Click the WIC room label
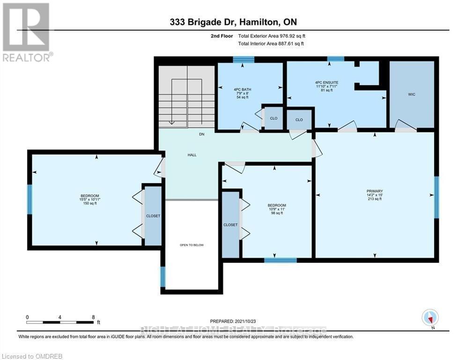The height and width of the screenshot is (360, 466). (x=411, y=94)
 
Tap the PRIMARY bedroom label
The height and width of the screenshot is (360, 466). (x=375, y=191)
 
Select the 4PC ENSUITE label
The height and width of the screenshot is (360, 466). (x=326, y=82)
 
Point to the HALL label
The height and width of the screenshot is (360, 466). (x=192, y=155)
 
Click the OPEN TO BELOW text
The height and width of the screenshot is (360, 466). (x=192, y=245)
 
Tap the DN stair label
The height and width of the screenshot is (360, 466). (x=202, y=134)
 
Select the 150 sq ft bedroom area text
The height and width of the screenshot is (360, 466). (x=89, y=203)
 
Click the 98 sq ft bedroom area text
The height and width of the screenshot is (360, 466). (x=276, y=213)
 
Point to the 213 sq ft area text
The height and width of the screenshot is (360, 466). (x=375, y=199)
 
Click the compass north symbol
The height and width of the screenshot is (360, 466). (x=429, y=317)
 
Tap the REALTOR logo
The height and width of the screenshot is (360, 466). (x=27, y=32)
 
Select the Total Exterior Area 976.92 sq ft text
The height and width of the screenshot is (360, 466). (x=274, y=36)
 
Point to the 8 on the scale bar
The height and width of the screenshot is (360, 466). (x=93, y=317)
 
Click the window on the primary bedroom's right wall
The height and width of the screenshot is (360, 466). (x=436, y=197)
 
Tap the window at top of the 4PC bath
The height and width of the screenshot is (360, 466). (x=244, y=59)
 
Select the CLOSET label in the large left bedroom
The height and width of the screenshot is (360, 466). (x=153, y=216)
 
